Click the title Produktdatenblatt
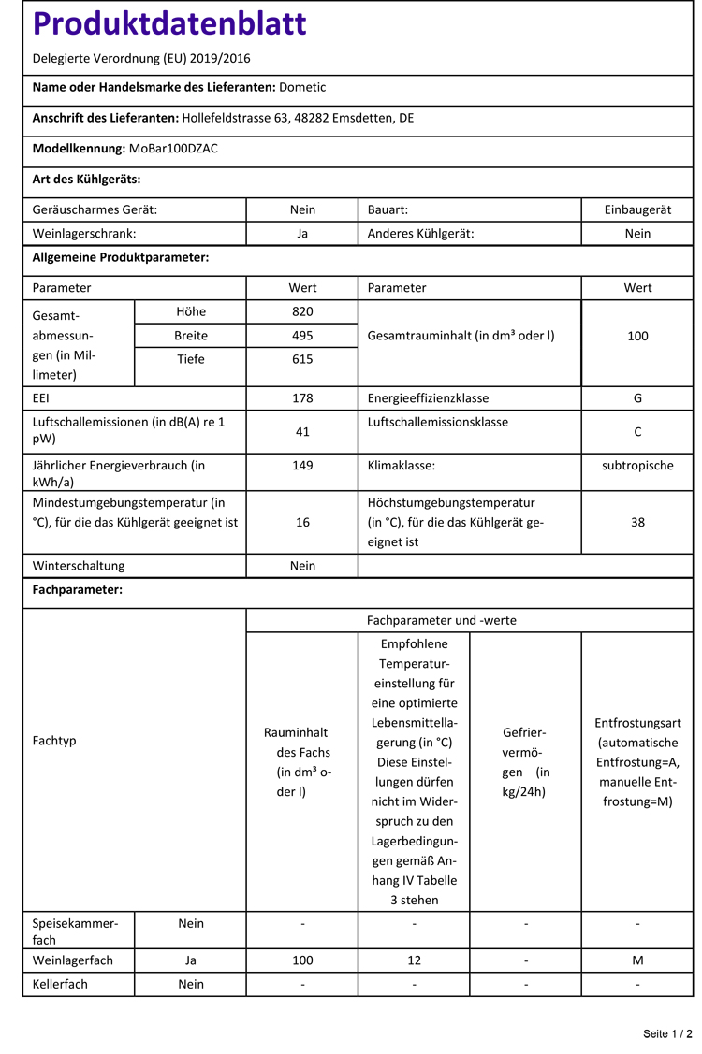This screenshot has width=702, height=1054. click(169, 24)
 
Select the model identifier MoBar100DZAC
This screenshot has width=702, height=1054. click(173, 148)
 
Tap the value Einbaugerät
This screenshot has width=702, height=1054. click(637, 209)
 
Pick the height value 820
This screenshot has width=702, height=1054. click(302, 311)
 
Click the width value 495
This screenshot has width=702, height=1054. click(302, 335)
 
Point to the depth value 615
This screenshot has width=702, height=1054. click(302, 359)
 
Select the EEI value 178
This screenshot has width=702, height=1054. click(302, 397)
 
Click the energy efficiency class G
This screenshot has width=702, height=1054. click(637, 397)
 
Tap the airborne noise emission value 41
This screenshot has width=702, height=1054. click(302, 432)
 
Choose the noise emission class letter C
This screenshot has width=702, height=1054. click(637, 432)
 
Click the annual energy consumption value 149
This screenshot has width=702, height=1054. click(302, 465)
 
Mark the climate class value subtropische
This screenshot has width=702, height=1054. click(637, 465)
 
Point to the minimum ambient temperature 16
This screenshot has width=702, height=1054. click(302, 522)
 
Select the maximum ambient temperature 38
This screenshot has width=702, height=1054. click(637, 522)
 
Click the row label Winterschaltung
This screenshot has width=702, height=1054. click(79, 566)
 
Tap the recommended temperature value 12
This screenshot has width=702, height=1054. click(414, 960)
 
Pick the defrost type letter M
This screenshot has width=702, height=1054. click(637, 960)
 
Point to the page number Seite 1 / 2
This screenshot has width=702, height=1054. click(667, 1033)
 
